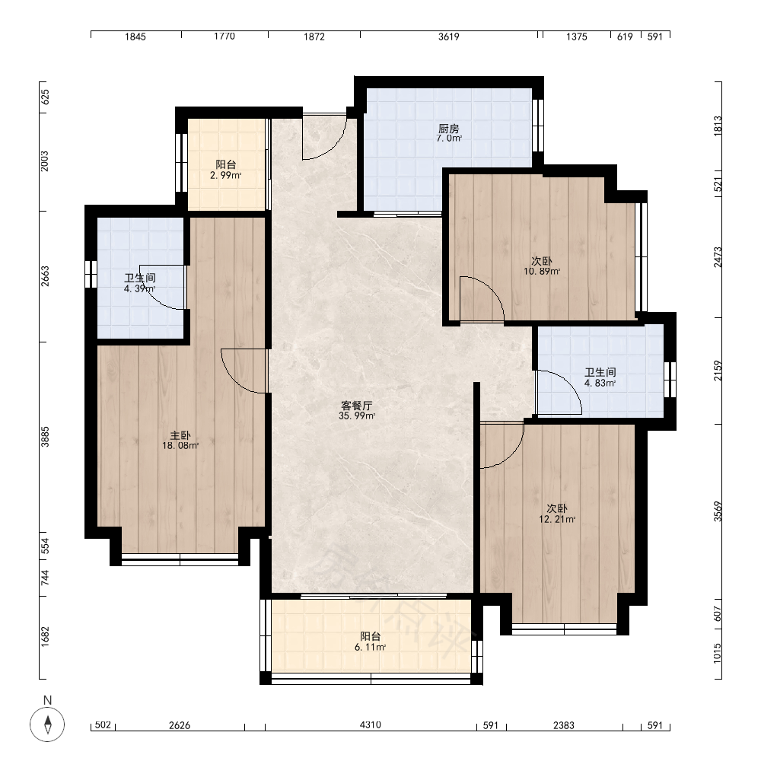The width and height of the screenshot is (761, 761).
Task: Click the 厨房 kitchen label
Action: pos(448,129)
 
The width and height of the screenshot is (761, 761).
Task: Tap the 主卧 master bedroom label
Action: pos(180,436)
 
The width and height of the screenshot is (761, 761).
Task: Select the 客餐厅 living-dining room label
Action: pos(357,406)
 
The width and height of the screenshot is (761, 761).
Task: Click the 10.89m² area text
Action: pos(542,272)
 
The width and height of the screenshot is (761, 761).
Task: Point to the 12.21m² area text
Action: pos(557,519)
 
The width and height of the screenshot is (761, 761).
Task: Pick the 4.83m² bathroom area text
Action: pos(600,383)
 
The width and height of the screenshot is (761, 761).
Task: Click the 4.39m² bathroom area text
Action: pos(140,288)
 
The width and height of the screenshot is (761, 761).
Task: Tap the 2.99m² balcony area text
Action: pos(226,175)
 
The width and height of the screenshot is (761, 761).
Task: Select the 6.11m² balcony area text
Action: pos(371,647)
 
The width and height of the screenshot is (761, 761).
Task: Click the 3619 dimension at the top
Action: pos(448,37)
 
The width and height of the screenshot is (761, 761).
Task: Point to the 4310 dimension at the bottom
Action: pos(371,724)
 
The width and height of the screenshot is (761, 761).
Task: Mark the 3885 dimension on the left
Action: pos(45,437)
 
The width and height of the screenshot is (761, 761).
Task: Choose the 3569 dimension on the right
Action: pos(718,511)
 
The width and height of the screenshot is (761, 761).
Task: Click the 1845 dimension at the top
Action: pos(135,37)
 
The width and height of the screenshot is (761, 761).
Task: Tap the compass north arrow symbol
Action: pos(47,724)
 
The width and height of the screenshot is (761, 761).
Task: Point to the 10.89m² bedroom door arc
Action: pos(491,289)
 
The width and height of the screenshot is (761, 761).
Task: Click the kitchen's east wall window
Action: pos(538,126)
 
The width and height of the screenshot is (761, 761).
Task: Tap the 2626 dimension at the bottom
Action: pos(180,725)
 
